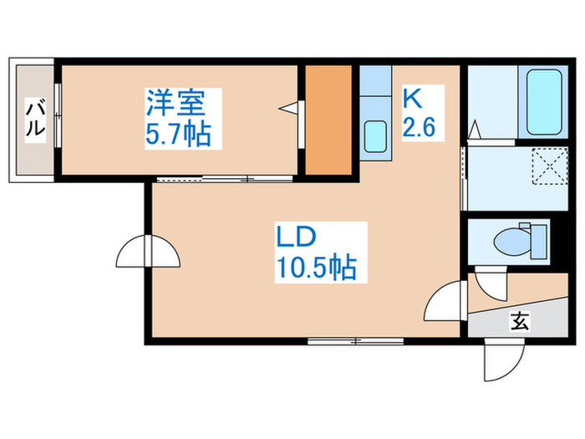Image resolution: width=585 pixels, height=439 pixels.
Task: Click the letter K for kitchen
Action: [x=413, y=100]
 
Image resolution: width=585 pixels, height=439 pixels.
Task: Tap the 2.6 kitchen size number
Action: [x=420, y=128]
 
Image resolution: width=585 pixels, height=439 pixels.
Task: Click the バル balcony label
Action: [x=35, y=119]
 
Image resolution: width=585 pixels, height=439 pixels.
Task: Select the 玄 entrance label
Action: [x=519, y=319]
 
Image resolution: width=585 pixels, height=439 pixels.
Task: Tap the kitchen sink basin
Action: [x=375, y=136]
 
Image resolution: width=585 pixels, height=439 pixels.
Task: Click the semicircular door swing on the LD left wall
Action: [x=147, y=251]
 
